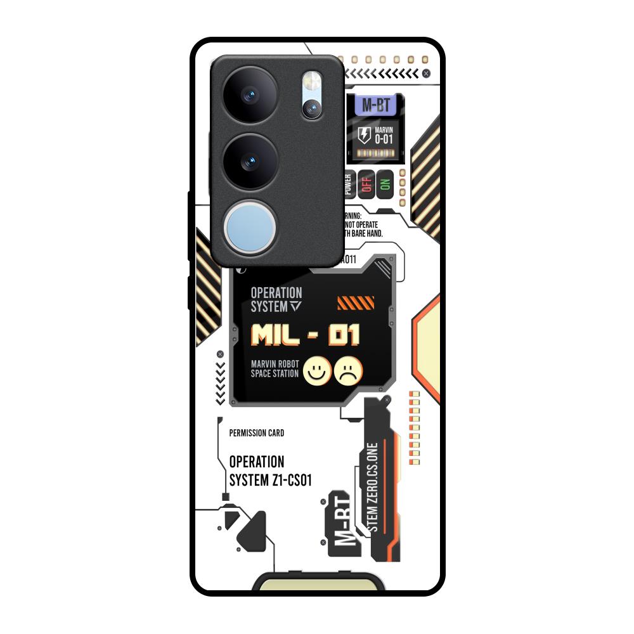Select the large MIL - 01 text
coord(306,335)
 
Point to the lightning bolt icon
coord(364,134)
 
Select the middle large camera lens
coord(252,159)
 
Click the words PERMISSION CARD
coord(256,434)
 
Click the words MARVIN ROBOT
coord(275,364)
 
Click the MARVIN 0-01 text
coord(384,136)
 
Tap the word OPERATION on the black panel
coord(276,293)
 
